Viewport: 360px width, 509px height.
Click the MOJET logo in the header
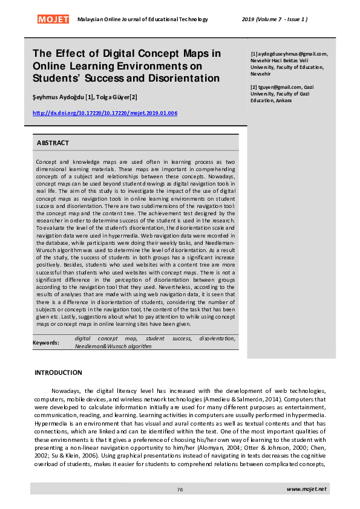point(54,19)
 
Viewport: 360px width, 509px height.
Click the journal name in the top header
point(143,19)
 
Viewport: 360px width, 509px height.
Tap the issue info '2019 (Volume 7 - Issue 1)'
point(278,19)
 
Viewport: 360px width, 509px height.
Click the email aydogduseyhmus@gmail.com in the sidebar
point(290,54)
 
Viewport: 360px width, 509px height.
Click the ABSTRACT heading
point(53,143)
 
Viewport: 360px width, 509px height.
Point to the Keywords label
point(46,343)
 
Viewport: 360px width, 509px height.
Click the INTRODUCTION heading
point(58,372)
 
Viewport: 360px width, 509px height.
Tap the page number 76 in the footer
point(180,489)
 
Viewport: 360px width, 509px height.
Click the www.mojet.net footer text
point(306,488)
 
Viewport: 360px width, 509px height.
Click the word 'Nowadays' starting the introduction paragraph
point(64,391)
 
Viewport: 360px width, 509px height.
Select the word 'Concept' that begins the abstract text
point(46,163)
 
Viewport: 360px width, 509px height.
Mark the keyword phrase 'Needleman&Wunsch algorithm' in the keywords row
point(113,347)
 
